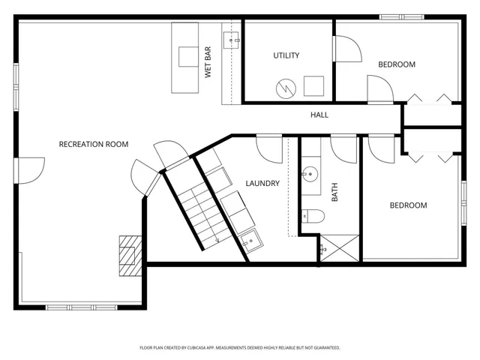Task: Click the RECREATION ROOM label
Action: [x=94, y=144]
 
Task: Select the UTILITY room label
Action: [x=286, y=55]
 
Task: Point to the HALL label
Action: [x=319, y=115]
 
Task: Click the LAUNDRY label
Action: [x=262, y=183]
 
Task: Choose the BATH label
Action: [x=335, y=193]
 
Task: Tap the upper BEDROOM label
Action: [x=396, y=64]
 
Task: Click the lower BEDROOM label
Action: [x=407, y=205]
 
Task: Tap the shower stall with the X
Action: [x=339, y=247]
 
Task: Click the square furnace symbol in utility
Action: [x=313, y=85]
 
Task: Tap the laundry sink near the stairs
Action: [x=252, y=240]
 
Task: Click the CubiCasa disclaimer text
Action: [x=240, y=348]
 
